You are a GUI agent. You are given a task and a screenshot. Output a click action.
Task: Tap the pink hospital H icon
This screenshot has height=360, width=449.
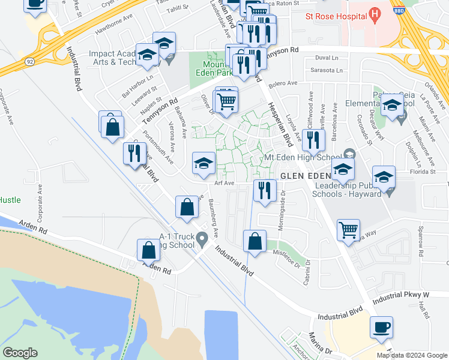tap(375, 12)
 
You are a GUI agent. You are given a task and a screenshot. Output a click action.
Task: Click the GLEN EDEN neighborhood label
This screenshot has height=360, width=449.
tap(306, 176)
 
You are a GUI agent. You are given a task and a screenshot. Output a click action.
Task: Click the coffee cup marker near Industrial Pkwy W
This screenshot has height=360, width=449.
tap(382, 328)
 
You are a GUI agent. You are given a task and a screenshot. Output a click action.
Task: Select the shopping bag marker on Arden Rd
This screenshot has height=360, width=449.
tap(148, 250)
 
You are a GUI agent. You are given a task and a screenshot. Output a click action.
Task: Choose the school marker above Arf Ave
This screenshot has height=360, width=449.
tap(203, 163)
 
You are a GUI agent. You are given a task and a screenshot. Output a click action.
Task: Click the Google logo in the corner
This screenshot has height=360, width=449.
tap(20, 353)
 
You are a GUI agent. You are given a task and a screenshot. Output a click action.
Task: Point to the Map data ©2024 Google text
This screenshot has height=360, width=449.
tap(412, 355)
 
